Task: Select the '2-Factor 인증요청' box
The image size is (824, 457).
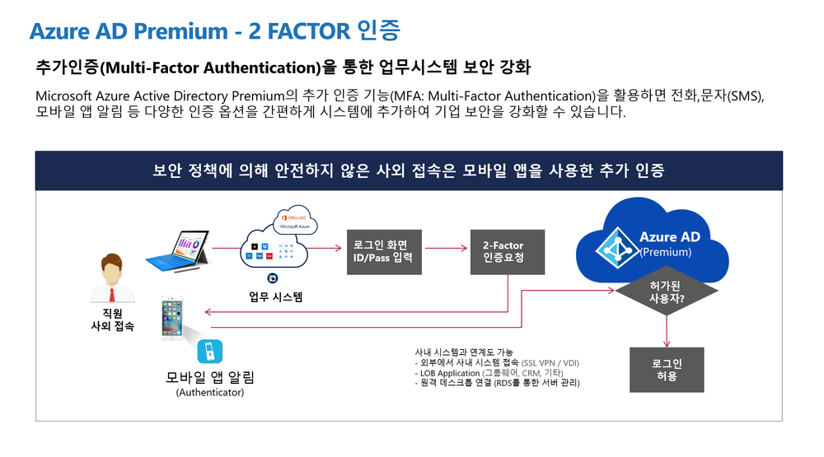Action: pos(503,252)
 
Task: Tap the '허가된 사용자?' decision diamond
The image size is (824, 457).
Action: pos(667,292)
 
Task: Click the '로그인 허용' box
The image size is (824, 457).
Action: pos(667,370)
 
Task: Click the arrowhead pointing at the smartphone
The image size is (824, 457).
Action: pos(207,312)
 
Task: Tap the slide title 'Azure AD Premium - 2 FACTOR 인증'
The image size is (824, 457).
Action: pos(215,31)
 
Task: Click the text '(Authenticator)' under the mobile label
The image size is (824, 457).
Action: pos(210,393)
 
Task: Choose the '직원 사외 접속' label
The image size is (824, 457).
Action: pos(112,319)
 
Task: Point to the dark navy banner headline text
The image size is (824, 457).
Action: pos(409,171)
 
